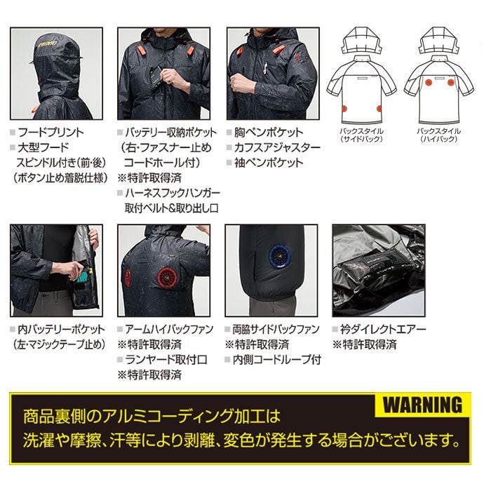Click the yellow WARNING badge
[423, 405]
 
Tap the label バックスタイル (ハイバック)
[439, 135]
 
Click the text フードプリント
[53, 133]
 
